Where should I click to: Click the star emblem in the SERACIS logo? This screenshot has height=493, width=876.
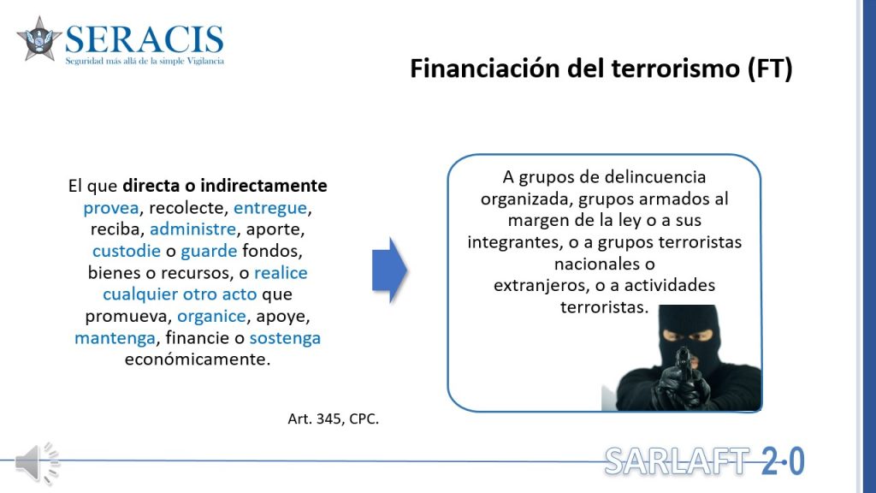[x=39, y=39]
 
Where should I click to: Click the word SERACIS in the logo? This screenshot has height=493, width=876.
[x=144, y=39]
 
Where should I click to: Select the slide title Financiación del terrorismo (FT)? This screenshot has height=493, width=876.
[x=601, y=68]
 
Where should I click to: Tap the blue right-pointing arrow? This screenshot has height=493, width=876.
[x=390, y=270]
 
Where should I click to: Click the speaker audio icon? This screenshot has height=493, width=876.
[x=37, y=463]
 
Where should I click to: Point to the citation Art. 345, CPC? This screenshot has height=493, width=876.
[x=333, y=419]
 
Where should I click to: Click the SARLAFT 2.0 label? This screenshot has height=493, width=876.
[x=704, y=461]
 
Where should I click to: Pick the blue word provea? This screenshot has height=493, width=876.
[x=111, y=208]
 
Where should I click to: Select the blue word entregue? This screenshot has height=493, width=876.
[x=270, y=208]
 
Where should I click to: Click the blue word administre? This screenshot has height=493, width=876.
[x=192, y=229]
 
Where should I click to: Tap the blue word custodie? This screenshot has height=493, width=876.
[x=127, y=251]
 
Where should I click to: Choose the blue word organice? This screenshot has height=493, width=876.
[x=212, y=317]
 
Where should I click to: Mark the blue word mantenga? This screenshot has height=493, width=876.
[x=115, y=338]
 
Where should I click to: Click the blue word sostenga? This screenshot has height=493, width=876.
[x=285, y=338]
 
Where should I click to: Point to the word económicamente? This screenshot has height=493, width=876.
[x=198, y=359]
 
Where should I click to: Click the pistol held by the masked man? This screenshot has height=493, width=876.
[x=683, y=370]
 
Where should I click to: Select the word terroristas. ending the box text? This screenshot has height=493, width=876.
[x=605, y=307]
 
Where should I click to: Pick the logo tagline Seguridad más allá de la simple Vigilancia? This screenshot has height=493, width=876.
[x=145, y=61]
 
